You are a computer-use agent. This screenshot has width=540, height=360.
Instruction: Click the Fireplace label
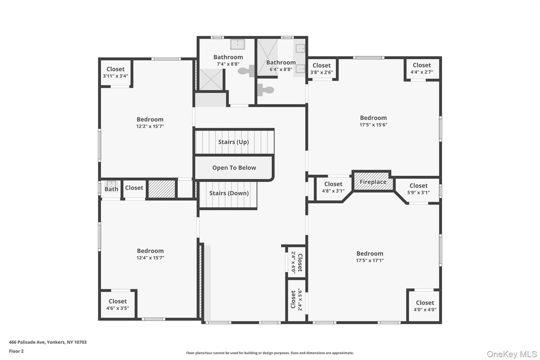[373, 182]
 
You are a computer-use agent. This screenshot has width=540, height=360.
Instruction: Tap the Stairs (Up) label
[233, 142]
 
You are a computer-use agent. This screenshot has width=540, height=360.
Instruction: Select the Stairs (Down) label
[229, 193]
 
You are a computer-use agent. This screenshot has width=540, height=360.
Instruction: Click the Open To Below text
[234, 168]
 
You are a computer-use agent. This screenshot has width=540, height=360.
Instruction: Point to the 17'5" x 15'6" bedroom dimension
[373, 125]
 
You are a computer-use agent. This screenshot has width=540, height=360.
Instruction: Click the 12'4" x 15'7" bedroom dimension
[150, 258]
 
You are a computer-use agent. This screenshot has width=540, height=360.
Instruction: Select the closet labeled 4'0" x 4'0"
[424, 306]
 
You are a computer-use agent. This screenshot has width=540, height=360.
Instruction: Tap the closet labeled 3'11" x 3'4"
[116, 73]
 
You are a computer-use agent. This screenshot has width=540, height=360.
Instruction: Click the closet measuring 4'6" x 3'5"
[117, 305]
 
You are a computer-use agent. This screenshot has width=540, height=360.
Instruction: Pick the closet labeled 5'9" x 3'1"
[418, 189]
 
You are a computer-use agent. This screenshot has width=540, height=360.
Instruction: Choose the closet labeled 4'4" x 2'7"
[421, 69]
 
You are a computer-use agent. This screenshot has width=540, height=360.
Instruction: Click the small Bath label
[111, 189]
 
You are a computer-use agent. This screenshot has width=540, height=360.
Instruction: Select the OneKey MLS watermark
[511, 354]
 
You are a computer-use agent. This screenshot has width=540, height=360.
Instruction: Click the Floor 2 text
[16, 351]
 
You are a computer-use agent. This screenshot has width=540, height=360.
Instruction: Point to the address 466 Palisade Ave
[47, 342]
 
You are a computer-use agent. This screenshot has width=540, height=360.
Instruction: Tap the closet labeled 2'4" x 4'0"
[297, 262]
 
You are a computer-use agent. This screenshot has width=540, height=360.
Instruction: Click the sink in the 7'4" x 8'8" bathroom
[237, 44]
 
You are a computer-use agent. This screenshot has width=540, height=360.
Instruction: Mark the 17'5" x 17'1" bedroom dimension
[370, 261]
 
